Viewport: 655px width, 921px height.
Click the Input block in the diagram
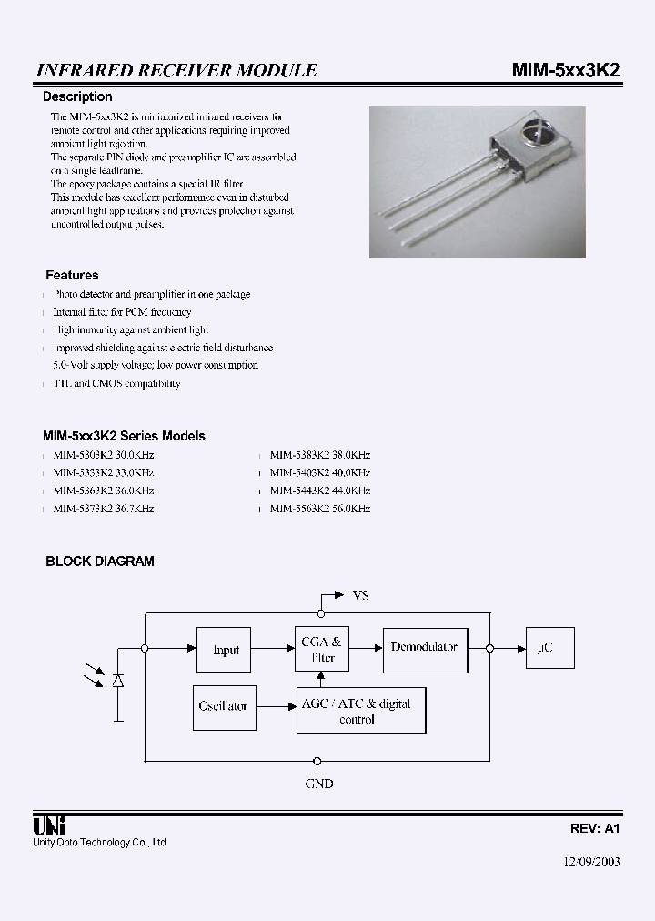coord(226,650)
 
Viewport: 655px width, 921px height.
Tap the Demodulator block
coord(424,647)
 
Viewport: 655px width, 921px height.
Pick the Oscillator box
coord(223,705)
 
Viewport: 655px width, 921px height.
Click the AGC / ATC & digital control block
coord(361,711)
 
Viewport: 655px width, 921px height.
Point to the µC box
coord(545,648)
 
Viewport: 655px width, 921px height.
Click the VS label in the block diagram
coord(360,595)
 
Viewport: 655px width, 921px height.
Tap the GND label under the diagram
coord(319,783)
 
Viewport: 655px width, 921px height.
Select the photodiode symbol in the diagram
coord(117,681)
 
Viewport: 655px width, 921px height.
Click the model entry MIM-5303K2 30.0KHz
coord(103,454)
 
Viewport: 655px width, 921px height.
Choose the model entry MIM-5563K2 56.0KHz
coord(319,509)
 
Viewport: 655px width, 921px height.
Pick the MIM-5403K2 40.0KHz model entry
coord(319,472)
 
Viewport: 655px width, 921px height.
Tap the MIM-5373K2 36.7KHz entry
coord(103,509)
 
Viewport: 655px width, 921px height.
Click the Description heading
coord(78,96)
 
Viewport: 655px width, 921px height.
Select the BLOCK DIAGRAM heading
coord(100,562)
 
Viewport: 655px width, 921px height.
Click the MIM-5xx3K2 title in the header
coord(563,70)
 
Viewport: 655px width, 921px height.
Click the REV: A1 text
coord(595,829)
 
